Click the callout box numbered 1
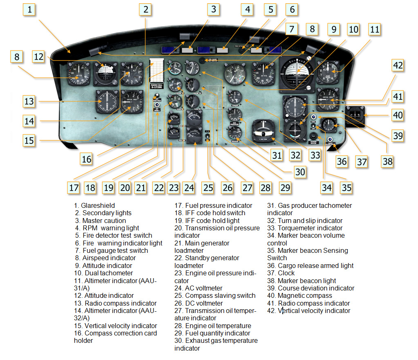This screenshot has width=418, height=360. pos(29,10)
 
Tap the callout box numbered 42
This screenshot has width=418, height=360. pos(398,66)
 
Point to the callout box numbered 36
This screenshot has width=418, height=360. pos(342,161)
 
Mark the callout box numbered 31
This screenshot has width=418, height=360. pos(277,155)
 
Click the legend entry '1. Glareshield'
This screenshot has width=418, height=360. pos(94,205)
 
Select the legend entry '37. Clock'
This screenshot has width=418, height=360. pos(281,273)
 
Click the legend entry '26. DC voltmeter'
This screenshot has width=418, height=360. pos(199,303)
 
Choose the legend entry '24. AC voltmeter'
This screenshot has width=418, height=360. pos(199,288)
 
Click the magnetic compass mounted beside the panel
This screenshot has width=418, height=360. pos(354,114)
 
